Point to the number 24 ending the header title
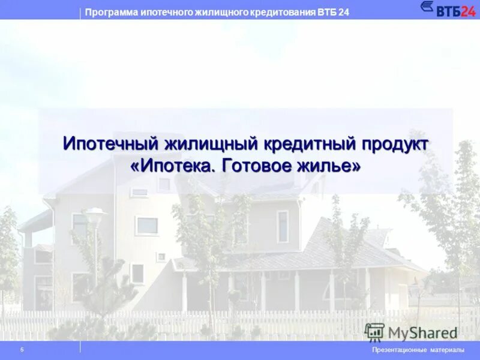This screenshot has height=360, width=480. coord(344,13)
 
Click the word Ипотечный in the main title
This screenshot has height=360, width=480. coord(110,145)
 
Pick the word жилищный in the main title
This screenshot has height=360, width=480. coord(211,145)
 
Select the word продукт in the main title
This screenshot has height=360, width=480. coord(395,145)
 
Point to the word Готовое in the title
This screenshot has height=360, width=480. coord(257,167)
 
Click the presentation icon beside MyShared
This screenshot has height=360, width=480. coord(374,332)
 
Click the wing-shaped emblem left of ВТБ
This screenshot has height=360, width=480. coord(428,7)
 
